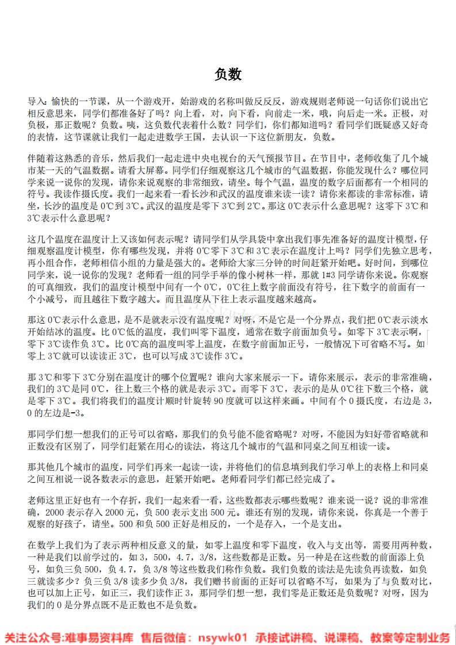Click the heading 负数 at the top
tap(228, 74)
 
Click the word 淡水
tap(417, 319)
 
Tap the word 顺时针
tap(174, 401)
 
